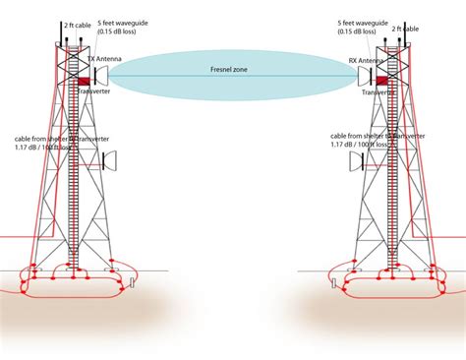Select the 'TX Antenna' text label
pos(105,59)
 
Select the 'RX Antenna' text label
pos(366,60)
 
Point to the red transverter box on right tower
pos(382,80)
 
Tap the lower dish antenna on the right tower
pos(355,160)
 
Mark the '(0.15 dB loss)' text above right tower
pos(357,31)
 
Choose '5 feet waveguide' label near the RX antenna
pos(359,22)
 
